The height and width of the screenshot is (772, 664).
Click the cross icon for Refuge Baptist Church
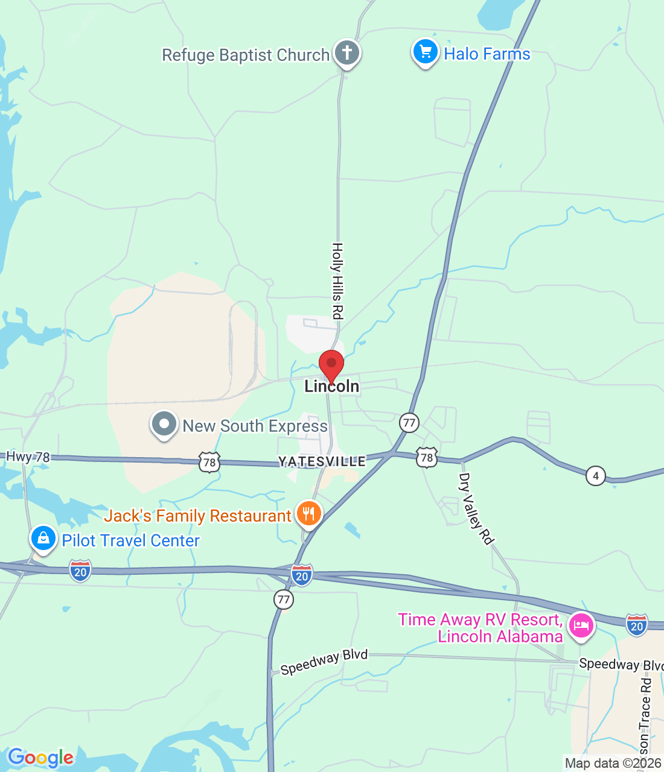coord(346,52)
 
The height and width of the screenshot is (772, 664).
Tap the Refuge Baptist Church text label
coord(246,55)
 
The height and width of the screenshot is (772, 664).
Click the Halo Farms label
coord(487,54)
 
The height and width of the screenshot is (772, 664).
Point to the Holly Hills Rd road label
coord(337,280)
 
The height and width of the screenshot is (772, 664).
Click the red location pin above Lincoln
coord(331,365)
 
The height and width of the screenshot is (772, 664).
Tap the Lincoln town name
coord(331,387)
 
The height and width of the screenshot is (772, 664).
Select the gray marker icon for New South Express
coord(164,424)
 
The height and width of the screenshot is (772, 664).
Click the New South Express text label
coord(255,426)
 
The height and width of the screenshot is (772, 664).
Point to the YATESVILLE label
coord(322,461)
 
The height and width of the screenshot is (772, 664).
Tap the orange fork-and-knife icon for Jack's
coord(309,514)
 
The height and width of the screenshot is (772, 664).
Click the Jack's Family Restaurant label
coord(197,516)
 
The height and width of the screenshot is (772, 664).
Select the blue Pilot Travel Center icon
coord(43,537)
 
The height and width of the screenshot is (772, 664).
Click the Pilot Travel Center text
coord(130,540)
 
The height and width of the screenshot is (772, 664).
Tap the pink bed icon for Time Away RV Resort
coord(581,625)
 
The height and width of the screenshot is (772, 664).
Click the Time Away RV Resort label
coord(480,628)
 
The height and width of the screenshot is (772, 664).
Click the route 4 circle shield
coord(596,476)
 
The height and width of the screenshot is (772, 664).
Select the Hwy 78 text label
coord(28,457)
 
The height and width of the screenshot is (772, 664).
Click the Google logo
coord(40,758)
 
